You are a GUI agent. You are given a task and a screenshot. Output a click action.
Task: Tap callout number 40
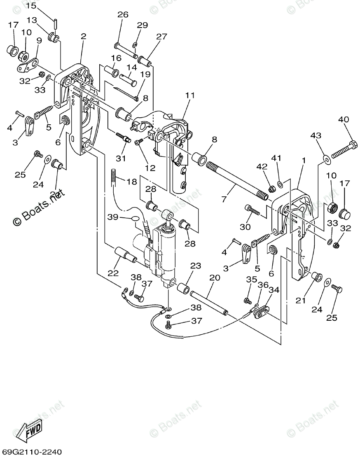343,120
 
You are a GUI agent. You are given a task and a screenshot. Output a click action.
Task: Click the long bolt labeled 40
343,150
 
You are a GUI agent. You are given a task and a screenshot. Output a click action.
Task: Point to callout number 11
189,96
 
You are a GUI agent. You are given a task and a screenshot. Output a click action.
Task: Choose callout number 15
31,6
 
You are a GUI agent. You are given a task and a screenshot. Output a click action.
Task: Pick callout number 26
123,15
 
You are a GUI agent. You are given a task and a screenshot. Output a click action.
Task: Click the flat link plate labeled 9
28,64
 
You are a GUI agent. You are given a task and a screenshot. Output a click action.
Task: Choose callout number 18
131,182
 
